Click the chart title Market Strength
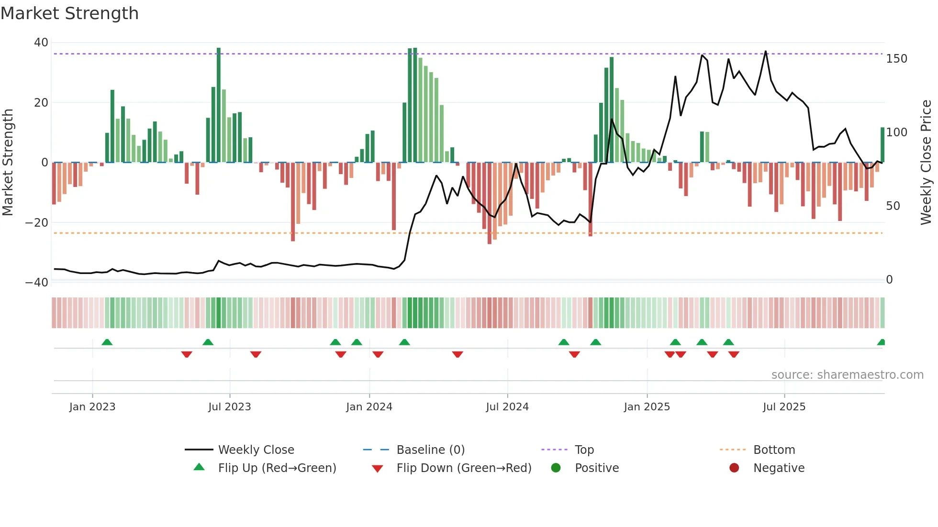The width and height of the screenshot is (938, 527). point(69,13)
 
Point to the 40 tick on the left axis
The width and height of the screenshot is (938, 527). point(41,43)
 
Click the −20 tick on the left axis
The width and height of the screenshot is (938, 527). point(37,222)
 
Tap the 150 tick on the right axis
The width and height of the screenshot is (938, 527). point(896,59)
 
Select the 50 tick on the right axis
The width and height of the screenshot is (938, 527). point(893,206)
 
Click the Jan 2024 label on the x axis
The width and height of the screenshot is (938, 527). point(369,407)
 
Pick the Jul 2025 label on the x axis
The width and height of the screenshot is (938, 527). point(784,407)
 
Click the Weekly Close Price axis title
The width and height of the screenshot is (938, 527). point(926,162)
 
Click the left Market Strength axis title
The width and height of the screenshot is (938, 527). point(8,162)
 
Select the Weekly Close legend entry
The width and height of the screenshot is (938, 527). point(256,450)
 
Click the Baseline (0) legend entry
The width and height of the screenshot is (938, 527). point(430,450)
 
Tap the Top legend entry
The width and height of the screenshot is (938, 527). point(584,450)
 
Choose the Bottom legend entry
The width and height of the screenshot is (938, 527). point(774,450)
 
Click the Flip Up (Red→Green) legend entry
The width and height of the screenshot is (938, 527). point(277,468)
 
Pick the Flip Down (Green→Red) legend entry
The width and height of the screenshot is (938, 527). point(464,468)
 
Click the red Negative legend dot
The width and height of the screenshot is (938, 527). point(734,468)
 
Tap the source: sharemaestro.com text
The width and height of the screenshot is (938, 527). point(847,375)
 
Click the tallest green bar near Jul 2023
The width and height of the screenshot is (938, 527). point(219,105)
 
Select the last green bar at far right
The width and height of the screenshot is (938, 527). point(882,144)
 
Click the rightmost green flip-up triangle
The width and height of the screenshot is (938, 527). point(882,342)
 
